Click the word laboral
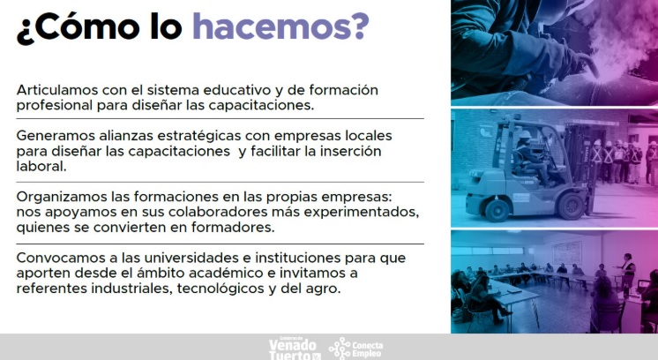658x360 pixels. pyautogui.click(x=41, y=166)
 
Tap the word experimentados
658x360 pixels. pyautogui.click(x=362, y=213)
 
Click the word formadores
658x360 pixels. pyautogui.click(x=233, y=228)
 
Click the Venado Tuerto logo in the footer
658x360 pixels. pyautogui.click(x=295, y=349)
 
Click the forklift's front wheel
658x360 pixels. pyautogui.click(x=572, y=206)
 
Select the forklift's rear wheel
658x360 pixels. pyautogui.click(x=497, y=210)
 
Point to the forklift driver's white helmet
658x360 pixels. pyautogui.click(x=525, y=135)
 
